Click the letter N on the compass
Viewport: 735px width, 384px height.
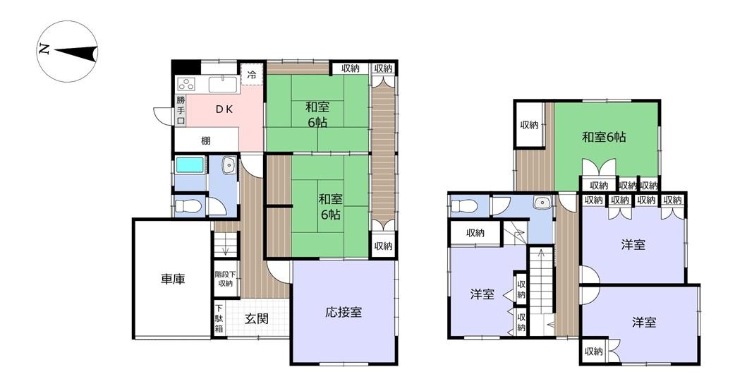[x=44, y=49]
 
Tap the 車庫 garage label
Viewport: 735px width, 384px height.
[x=173, y=280]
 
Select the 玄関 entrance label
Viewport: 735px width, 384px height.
[x=257, y=319]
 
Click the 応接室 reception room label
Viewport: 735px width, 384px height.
[x=344, y=312]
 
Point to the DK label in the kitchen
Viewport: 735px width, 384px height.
[x=224, y=109]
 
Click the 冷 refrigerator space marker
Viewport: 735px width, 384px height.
[x=252, y=75]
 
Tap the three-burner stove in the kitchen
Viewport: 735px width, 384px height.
[x=186, y=84]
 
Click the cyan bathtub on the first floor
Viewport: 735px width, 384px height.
[x=190, y=165]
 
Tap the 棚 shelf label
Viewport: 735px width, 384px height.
[x=205, y=140]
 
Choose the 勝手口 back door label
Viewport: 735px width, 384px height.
[x=181, y=109]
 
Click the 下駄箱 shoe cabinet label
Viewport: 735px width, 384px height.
[x=219, y=319]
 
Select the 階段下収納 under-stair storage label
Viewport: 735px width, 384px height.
[x=225, y=279]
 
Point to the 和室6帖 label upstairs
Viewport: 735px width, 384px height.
[x=604, y=137]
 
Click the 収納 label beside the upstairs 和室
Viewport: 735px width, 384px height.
[x=529, y=125]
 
